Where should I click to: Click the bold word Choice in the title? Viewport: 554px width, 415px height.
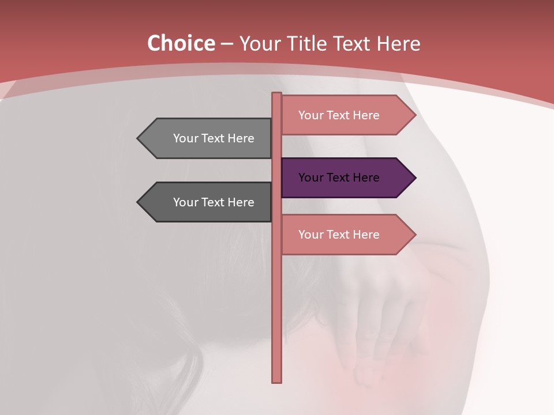pos(181,44)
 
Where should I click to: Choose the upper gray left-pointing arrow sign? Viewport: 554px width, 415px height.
pos(208,138)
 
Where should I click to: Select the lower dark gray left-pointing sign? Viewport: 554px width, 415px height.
pos(208,202)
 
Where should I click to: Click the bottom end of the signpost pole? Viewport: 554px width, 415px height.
pos(277,380)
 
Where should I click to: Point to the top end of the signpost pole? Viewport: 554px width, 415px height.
pos(277,95)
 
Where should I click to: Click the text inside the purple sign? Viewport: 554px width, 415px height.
pos(339,178)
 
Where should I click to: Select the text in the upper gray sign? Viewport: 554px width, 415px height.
pos(214,138)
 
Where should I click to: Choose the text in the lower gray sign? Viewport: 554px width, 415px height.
pos(214,202)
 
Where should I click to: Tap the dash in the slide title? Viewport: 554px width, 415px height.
pos(227,44)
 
